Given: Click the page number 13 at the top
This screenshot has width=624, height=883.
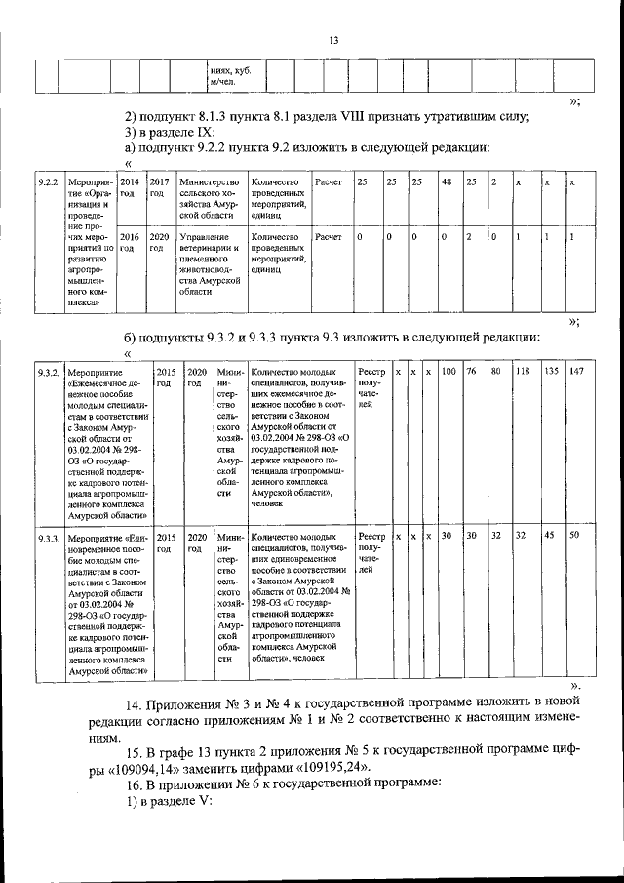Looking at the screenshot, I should click(332, 40).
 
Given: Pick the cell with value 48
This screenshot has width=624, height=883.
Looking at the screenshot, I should click(446, 182).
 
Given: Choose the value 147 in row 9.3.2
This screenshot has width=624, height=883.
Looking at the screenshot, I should click(576, 372).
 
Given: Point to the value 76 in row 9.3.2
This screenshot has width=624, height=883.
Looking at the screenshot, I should click(470, 372).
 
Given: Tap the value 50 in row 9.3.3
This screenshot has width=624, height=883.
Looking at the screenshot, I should click(574, 536).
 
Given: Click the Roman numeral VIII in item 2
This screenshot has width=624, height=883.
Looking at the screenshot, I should click(354, 116).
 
